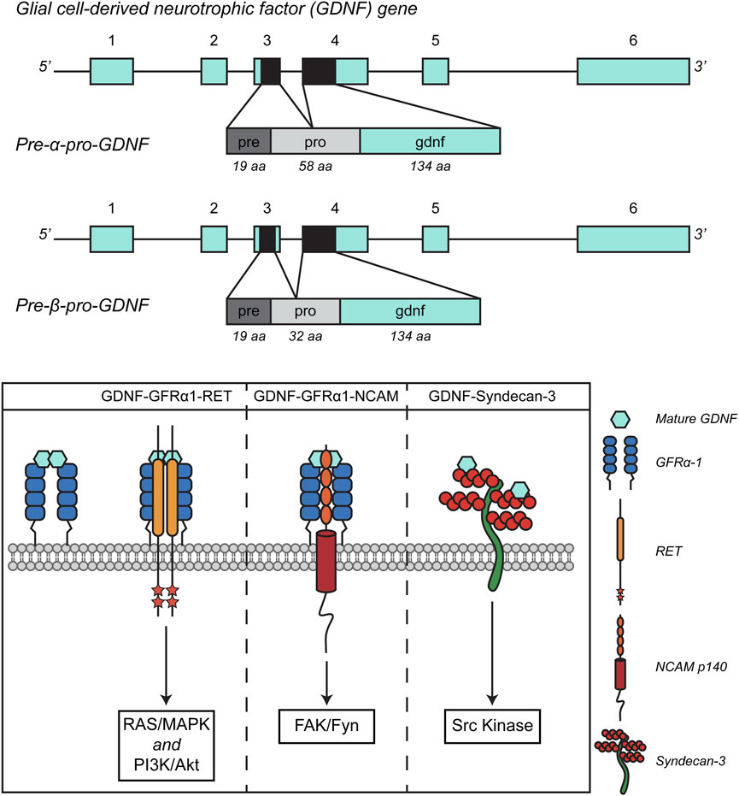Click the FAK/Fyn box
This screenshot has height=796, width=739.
pos(326,726)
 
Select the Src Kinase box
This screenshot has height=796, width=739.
pos(492,726)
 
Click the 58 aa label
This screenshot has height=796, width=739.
pos(315,167)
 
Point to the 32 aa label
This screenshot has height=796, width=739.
pos(305,336)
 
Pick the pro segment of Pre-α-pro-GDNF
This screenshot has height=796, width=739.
pos(315,141)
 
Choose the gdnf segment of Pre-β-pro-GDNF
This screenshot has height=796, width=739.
pos(410,311)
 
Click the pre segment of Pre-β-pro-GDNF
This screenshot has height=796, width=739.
pos(249,311)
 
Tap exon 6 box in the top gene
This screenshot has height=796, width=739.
pos(633,71)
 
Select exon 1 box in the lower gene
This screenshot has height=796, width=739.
pos(112,239)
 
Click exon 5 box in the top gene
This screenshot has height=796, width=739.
pos(435,71)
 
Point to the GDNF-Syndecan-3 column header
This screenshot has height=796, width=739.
pos(492,396)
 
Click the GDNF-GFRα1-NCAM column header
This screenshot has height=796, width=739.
pos(326,396)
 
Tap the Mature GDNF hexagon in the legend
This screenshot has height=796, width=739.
pos(619,419)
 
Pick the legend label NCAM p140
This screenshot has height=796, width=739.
pos(691,667)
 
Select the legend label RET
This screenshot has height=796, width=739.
pos(668,551)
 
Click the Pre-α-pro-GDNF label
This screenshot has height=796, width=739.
pos(83,144)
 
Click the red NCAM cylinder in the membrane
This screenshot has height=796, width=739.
pos(326,561)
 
